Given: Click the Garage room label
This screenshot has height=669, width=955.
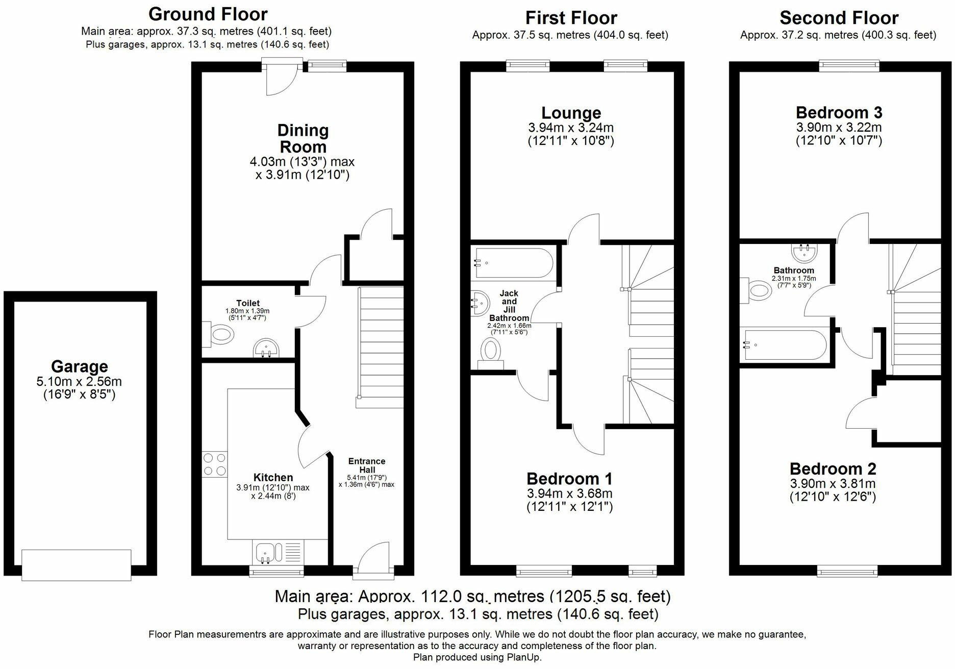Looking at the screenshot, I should (x=79, y=366).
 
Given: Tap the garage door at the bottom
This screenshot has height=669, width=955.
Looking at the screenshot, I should (x=76, y=564).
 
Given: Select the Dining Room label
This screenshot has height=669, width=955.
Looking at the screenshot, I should (x=303, y=139).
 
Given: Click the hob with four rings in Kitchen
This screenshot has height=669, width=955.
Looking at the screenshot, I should (x=214, y=464).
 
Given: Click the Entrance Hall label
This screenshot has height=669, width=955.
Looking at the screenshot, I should (x=366, y=465).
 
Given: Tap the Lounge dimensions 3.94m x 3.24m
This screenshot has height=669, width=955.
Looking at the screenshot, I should (x=571, y=128).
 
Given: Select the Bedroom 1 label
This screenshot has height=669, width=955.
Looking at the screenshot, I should (x=569, y=479).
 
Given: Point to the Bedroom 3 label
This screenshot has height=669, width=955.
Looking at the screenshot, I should (x=839, y=112).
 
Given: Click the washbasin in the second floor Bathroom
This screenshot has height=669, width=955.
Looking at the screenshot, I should (x=805, y=252).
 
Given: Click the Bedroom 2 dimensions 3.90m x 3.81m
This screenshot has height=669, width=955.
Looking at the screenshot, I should (x=833, y=484).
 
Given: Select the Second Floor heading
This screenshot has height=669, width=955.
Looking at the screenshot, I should (x=839, y=18).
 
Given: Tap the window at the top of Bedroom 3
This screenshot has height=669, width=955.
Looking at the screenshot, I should (x=849, y=65).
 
